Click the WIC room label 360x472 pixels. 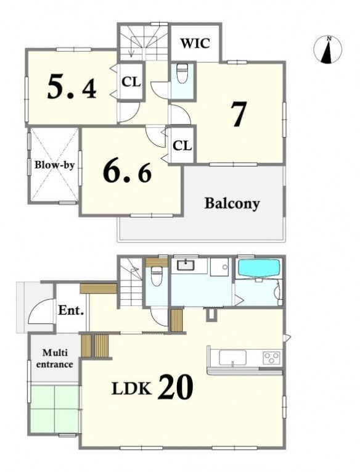(195, 43)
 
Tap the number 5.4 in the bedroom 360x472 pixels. (72, 87)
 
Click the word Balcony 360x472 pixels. (232, 204)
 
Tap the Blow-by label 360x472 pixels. (54, 165)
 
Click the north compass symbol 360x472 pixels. (327, 50)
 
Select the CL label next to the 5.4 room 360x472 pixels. (131, 81)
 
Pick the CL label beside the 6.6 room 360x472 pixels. (182, 146)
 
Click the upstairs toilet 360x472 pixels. (182, 73)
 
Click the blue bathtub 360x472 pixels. (260, 268)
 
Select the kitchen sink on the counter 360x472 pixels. (232, 358)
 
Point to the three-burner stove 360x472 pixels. (272, 358)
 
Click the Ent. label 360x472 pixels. (71, 310)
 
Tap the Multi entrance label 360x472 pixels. (54, 358)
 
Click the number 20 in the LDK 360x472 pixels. (175, 387)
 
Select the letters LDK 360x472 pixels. (131, 389)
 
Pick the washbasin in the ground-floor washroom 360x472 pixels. (186, 265)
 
